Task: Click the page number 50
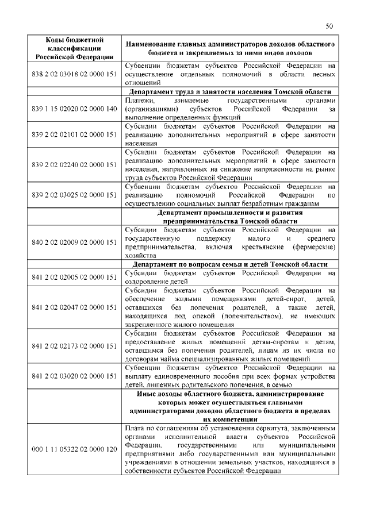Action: pos(329,26)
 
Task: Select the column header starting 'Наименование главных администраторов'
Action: pos(229,48)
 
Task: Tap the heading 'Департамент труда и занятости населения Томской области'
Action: pos(229,93)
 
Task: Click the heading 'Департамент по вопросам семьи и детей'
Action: pos(229,264)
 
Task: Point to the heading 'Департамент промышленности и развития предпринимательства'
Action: pos(229,216)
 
